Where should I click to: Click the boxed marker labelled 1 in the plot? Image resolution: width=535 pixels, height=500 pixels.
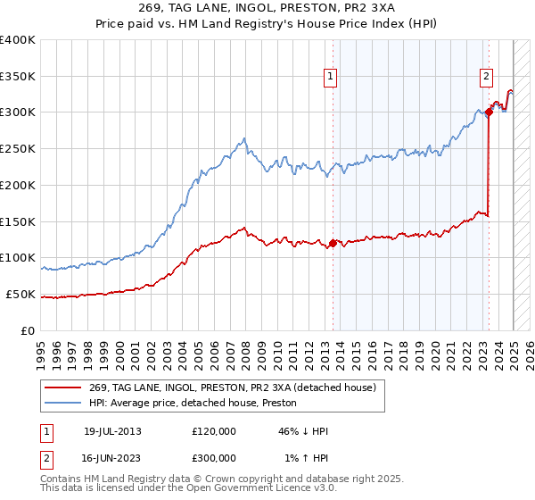point(330,77)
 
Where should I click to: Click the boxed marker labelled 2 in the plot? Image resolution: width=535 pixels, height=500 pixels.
point(486,77)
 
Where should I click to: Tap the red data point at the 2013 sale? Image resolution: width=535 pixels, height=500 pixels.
point(333,243)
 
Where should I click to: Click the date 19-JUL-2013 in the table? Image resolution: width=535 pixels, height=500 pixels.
point(112,431)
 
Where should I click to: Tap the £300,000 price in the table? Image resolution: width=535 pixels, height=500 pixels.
point(214,457)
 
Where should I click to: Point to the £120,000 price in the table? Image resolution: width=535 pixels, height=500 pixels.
point(214,431)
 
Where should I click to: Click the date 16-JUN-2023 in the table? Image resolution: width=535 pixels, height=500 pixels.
point(112,457)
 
